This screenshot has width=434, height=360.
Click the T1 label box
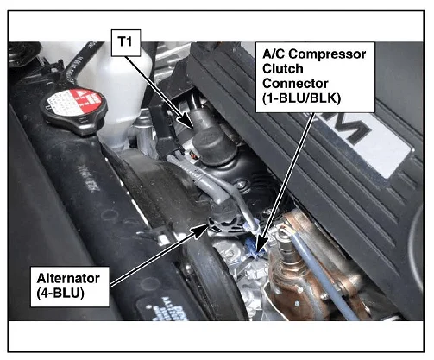[x=126, y=42]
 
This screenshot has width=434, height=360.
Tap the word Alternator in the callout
[x=68, y=278]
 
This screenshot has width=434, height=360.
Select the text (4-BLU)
[x=60, y=294]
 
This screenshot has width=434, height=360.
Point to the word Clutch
[x=283, y=69]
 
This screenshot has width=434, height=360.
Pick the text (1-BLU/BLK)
[x=301, y=98]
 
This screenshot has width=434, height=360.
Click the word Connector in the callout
[x=295, y=84]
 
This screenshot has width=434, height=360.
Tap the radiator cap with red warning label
[x=74, y=111]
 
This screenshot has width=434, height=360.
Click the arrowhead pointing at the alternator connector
[x=201, y=231]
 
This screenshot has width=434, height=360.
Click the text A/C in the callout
[x=274, y=54]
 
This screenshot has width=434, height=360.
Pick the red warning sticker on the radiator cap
[x=87, y=99]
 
